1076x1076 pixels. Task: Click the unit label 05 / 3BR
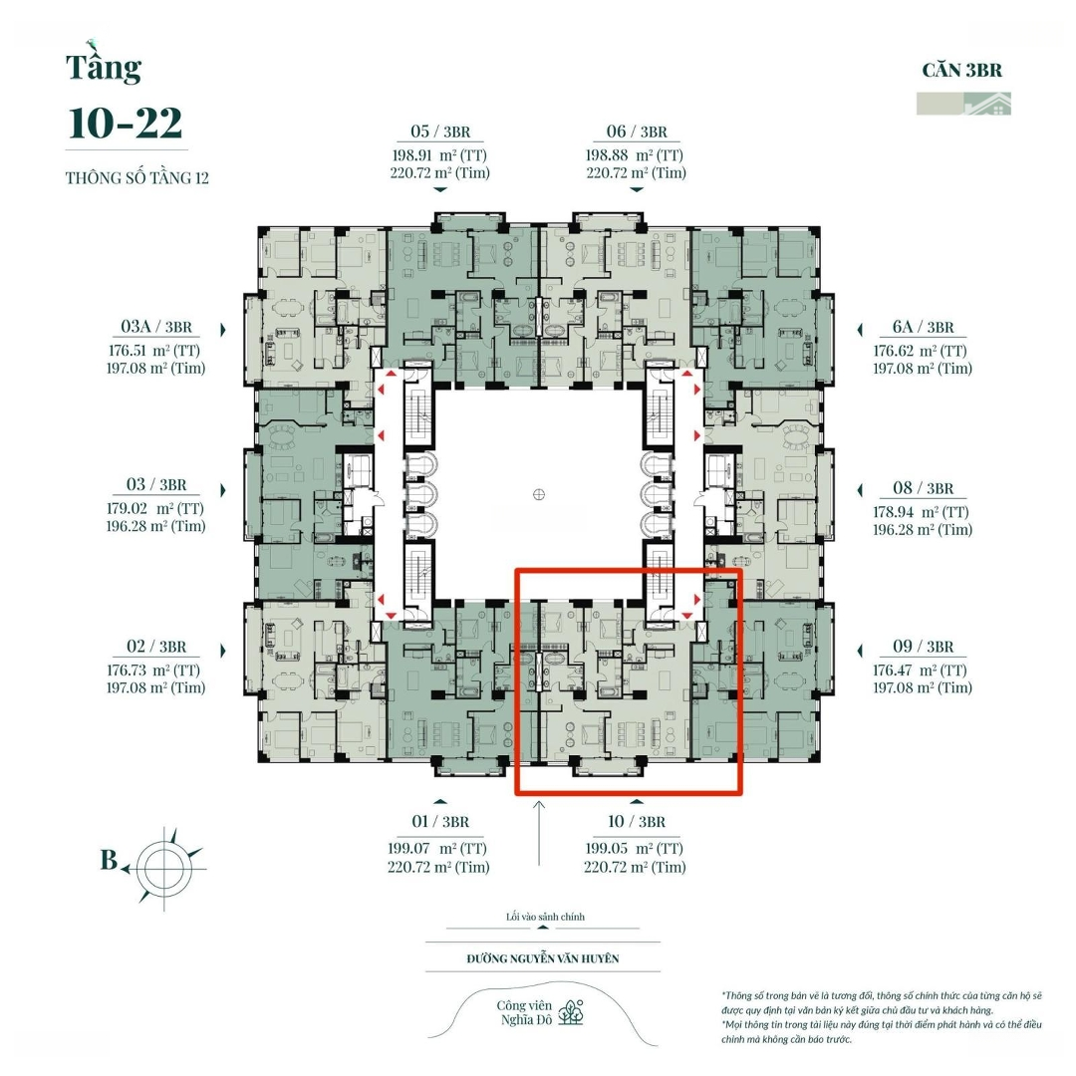439,133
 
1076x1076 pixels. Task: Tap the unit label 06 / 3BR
636,133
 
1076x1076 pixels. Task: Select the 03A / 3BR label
155,327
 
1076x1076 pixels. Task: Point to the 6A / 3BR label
923,327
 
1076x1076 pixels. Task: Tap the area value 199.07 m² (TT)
438,848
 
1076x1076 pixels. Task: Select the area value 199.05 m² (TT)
635,848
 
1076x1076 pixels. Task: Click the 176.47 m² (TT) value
922,670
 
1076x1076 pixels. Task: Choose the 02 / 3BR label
155,647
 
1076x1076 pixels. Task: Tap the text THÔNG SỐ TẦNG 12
137,179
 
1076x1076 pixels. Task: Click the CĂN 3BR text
961,71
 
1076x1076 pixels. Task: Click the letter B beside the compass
109,861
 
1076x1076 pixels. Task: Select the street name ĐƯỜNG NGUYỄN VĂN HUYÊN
543,958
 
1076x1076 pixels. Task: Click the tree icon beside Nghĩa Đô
572,1012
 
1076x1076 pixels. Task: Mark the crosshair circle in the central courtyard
539,494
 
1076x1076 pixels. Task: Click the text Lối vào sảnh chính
544,917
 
